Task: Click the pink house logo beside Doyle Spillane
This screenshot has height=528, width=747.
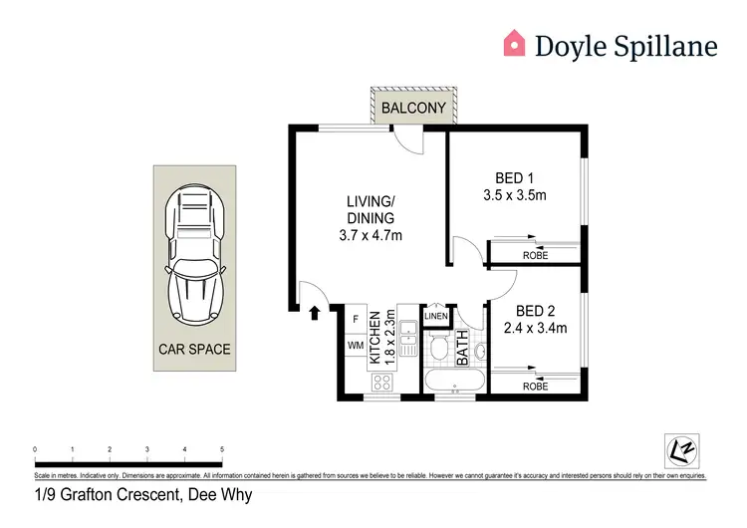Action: (513, 42)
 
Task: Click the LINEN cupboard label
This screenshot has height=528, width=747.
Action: (436, 317)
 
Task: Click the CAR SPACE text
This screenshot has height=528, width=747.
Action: (195, 349)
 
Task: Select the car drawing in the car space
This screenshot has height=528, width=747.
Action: (195, 254)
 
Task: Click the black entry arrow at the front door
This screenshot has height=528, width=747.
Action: (315, 313)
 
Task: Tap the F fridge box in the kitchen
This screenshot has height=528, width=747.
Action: (356, 319)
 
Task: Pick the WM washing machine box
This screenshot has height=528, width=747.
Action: (356, 345)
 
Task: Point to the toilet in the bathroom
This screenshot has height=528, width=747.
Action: (438, 348)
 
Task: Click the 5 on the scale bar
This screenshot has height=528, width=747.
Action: (221, 450)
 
